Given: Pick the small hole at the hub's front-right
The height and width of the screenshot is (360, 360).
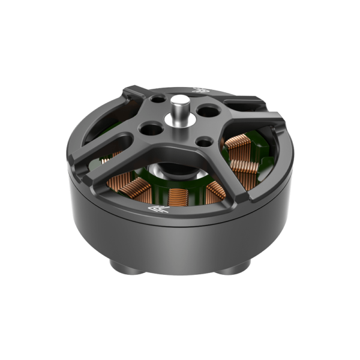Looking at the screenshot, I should click(x=204, y=142).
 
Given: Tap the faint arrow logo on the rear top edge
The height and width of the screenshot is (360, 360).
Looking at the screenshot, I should click(x=200, y=91).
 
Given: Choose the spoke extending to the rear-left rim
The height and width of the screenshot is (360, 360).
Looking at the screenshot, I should click(x=135, y=99).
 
